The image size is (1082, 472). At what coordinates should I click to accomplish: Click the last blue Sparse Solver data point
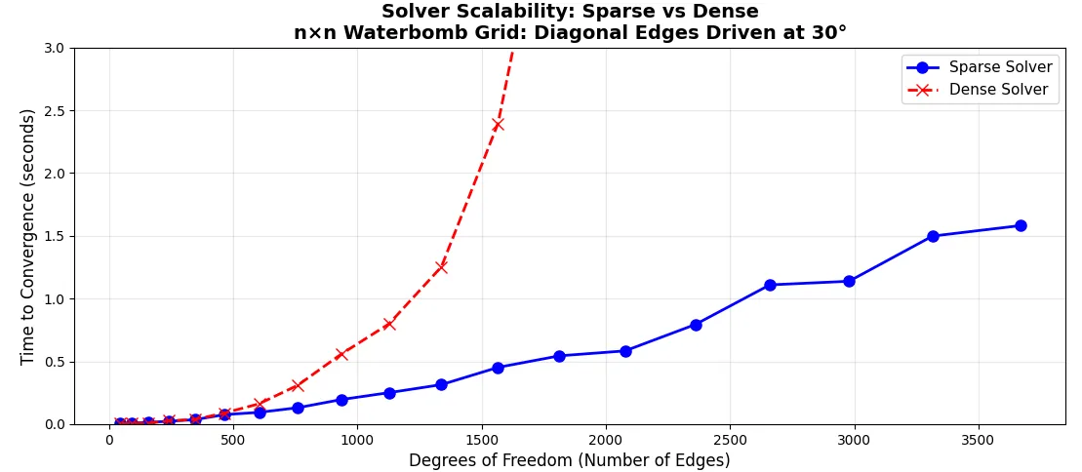tap(1021, 225)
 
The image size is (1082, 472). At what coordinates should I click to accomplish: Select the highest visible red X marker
tap(498, 124)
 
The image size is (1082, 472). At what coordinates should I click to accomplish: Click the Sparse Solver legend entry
tap(980, 67)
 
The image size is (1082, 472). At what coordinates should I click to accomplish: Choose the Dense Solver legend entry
tap(980, 89)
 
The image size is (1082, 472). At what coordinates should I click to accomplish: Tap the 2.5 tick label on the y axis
tap(54, 111)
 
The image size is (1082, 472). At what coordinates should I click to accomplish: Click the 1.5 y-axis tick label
tap(54, 237)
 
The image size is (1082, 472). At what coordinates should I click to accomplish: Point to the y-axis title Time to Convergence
tap(27, 236)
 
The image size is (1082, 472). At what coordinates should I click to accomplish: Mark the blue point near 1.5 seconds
tap(933, 236)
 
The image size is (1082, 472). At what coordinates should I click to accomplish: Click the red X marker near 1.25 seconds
tap(441, 267)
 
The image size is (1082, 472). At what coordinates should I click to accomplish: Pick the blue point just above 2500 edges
tap(770, 285)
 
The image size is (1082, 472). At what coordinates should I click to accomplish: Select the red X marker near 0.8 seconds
tap(389, 324)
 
